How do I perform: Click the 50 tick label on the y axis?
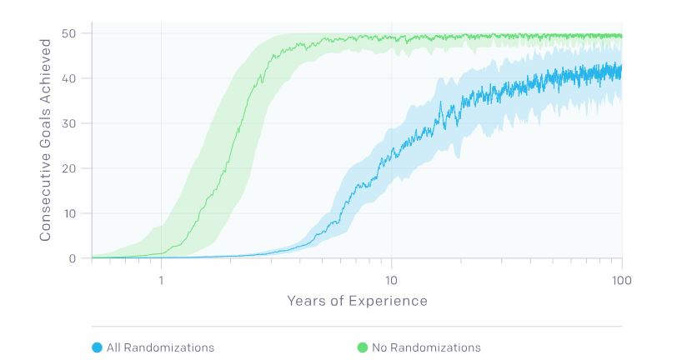point(70,33)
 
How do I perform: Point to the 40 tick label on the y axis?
point(70,78)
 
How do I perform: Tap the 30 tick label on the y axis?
point(70,123)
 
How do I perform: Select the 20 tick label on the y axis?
point(70,168)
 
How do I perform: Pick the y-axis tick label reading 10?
point(70,213)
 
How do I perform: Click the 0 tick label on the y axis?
point(73,258)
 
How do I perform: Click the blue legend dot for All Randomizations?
point(97,347)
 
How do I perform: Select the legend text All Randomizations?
point(160,347)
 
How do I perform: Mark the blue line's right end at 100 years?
point(621,70)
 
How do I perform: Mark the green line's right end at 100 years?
point(621,36)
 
